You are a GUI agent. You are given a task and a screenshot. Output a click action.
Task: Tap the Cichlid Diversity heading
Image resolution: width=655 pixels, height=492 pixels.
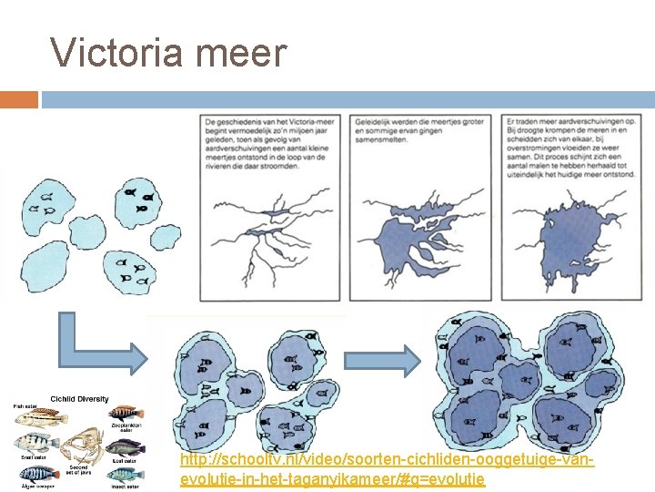point(79,398)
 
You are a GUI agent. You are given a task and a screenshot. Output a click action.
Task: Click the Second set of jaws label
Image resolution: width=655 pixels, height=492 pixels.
point(77,466)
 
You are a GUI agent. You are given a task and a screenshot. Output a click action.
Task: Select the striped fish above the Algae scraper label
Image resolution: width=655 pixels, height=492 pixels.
point(36,472)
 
